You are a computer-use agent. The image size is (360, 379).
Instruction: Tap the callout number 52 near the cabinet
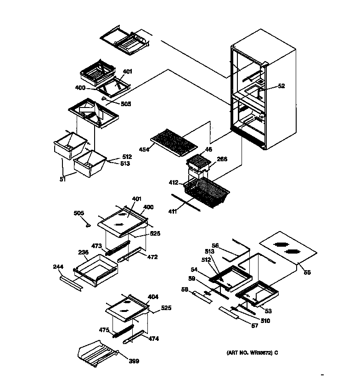tap(281, 86)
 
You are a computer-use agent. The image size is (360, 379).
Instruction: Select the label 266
tap(222, 159)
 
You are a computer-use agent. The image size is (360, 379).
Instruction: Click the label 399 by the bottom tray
tap(134, 361)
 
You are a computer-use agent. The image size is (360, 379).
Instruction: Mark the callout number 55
tap(307, 272)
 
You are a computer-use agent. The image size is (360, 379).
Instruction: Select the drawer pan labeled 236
tap(96, 271)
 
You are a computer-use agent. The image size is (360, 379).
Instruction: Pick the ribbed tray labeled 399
tap(99, 354)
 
